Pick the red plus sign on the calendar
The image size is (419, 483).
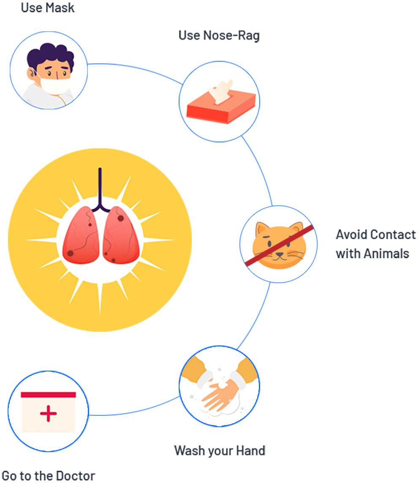(49, 413)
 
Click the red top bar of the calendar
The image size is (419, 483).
(48, 395)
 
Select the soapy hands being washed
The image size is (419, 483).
(219, 391)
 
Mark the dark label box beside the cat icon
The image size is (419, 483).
(375, 244)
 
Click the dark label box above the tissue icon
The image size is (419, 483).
(219, 37)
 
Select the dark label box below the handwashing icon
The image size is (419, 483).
(219, 451)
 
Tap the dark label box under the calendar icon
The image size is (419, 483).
(48, 475)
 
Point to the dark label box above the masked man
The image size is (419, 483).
(48, 7)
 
